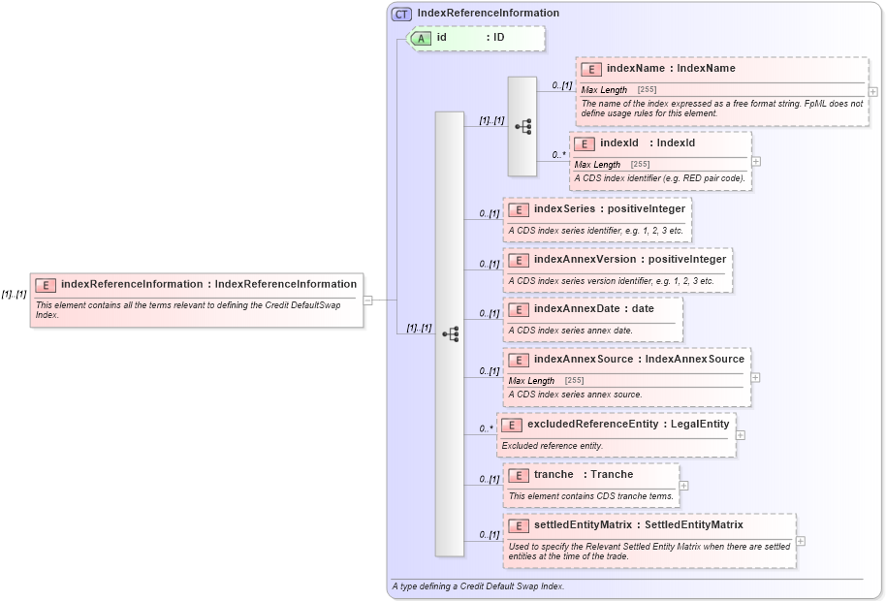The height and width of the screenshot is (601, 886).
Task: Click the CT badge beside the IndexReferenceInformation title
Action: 401,14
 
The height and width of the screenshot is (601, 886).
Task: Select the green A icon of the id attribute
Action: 422,38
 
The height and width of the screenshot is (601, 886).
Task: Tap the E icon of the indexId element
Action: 584,143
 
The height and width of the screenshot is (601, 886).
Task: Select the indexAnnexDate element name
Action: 564,308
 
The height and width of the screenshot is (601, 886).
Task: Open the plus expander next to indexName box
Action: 873,91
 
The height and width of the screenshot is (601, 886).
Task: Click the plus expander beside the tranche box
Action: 684,486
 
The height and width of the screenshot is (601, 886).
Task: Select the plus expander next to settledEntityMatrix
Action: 801,541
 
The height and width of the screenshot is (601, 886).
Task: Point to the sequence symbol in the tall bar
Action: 450,334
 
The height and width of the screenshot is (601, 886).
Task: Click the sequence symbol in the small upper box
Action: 522,127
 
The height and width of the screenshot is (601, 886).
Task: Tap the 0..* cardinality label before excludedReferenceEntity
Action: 487,428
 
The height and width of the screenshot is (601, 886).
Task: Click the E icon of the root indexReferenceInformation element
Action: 45,285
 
